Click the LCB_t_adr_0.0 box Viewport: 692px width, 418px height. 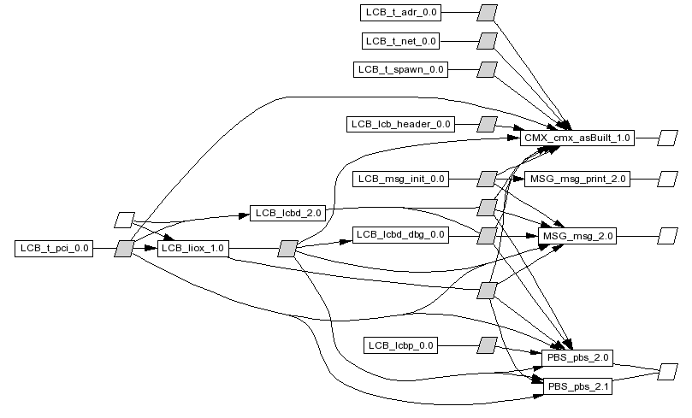(x=401, y=13)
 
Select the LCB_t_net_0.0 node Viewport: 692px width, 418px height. (x=401, y=40)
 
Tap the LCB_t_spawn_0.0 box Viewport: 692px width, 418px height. (x=401, y=69)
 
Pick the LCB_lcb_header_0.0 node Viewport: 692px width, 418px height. (x=400, y=124)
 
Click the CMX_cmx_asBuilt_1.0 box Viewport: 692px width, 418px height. (x=577, y=138)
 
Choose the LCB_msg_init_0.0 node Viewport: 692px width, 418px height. (x=400, y=179)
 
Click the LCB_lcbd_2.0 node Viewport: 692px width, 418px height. (x=287, y=211)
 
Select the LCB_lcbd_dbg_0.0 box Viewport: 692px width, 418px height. (x=400, y=234)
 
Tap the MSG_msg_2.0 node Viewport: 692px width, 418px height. (x=577, y=235)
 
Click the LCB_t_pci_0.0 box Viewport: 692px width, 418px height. (x=53, y=249)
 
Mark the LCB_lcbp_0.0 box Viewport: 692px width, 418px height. (x=401, y=345)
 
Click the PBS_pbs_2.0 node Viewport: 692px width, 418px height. (x=577, y=357)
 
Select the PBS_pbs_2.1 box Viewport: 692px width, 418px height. (x=577, y=386)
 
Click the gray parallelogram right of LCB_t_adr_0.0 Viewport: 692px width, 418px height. (x=487, y=13)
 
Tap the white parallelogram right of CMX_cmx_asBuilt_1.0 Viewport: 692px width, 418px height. (x=667, y=138)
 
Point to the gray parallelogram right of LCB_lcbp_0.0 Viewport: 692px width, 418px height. (x=487, y=345)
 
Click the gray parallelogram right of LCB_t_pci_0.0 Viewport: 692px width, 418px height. (x=125, y=249)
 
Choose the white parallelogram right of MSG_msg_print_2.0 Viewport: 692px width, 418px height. (x=667, y=179)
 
